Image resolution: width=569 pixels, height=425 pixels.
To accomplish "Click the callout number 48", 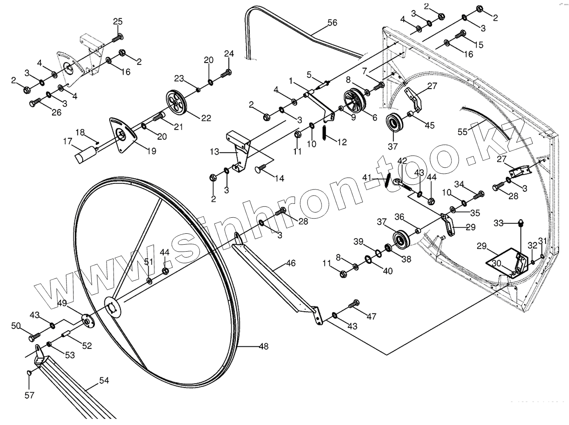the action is (x=264, y=347).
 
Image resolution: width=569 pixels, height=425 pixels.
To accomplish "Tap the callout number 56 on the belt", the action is (x=332, y=23).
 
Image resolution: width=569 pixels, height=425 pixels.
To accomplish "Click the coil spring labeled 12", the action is (x=325, y=133).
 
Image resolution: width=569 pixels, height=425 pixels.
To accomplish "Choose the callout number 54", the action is (x=104, y=381).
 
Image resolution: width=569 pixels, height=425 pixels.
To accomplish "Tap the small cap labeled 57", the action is (x=29, y=372).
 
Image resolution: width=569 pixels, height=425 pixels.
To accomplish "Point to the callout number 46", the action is (x=291, y=263).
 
